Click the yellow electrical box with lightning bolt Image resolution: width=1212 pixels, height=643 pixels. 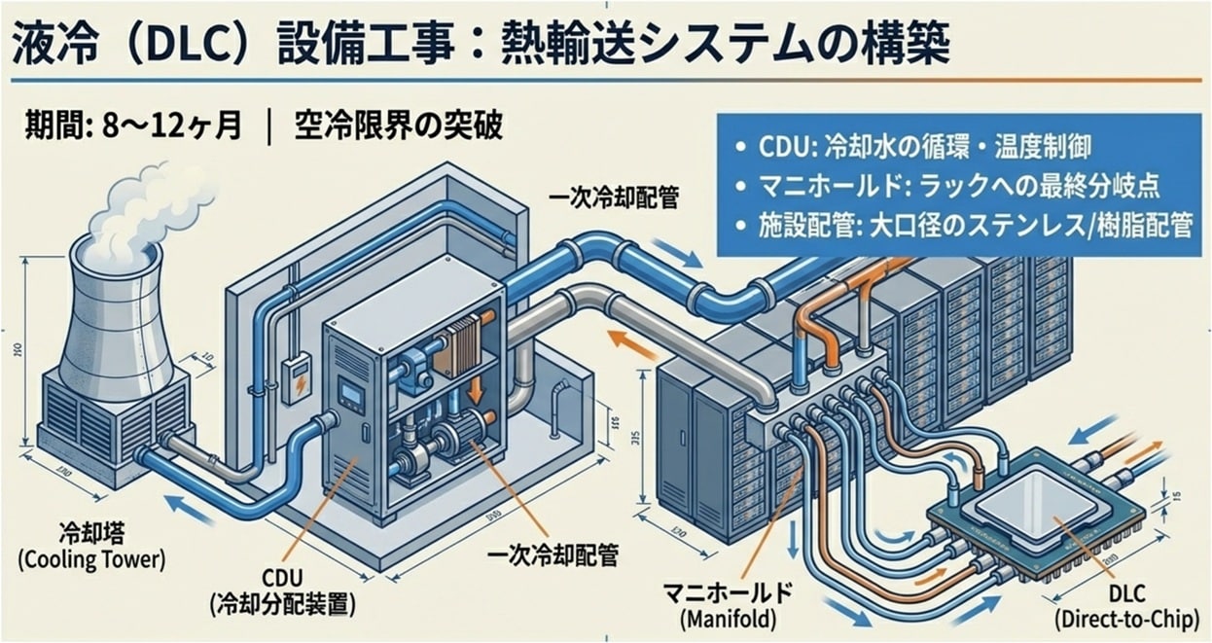[296, 375]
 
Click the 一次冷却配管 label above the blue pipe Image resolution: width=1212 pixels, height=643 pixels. [614, 199]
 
